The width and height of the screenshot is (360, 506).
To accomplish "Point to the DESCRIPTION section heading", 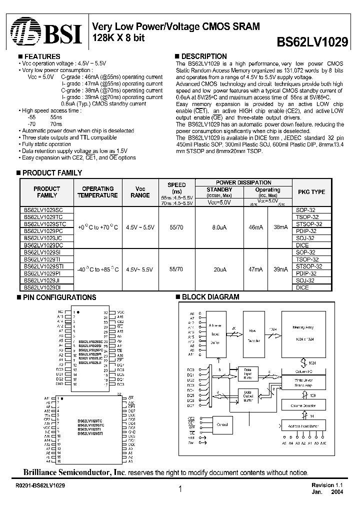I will coord(203,56).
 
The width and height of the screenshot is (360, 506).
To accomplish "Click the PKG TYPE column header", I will coord(311,192).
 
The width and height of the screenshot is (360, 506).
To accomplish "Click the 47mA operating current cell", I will coord(255,269).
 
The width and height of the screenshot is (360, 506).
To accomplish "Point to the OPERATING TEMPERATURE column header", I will coord(97,192).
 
